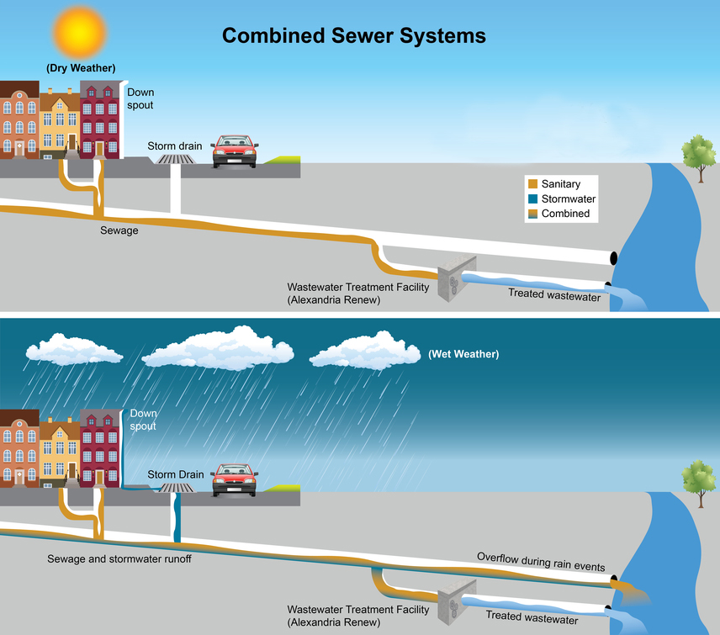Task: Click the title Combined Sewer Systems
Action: coord(353,36)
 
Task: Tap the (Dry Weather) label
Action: coord(81,68)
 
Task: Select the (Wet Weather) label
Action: coord(463,354)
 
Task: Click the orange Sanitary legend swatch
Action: coord(532,184)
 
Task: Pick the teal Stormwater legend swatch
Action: coord(532,199)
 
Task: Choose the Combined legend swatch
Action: coord(532,214)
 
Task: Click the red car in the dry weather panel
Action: coord(235,151)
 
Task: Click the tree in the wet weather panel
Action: coord(697,480)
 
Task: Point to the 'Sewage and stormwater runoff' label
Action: coord(120,558)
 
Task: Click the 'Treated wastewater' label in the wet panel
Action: coord(532,616)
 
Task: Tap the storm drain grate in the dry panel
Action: coord(177,158)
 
